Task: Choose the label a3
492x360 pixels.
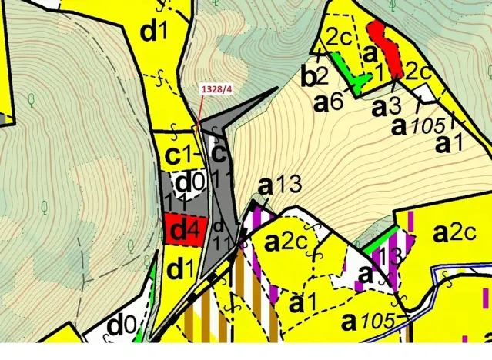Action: coord(387,106)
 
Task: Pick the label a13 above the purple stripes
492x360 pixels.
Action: coord(275,185)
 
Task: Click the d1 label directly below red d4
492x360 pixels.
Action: coord(180,269)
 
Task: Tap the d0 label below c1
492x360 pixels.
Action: coord(188,183)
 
